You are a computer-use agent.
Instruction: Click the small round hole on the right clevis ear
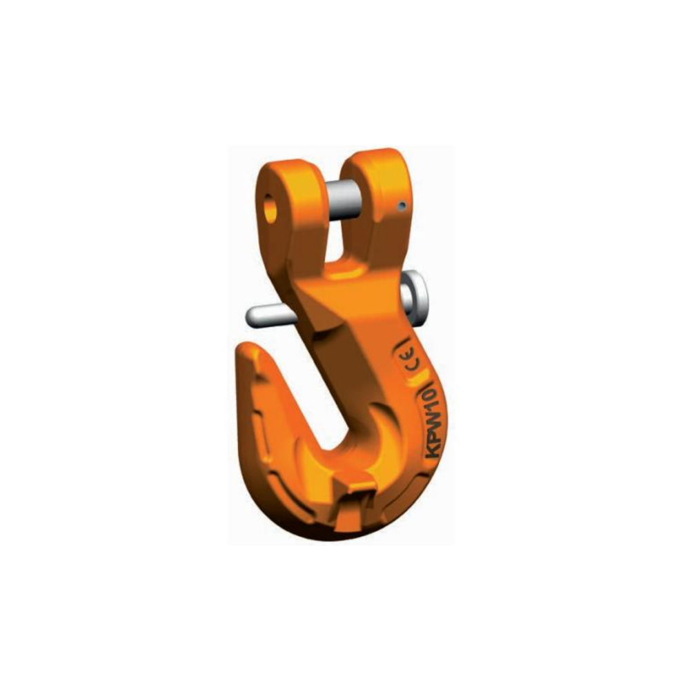(402, 205)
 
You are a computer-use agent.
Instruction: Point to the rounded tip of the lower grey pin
(250, 316)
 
